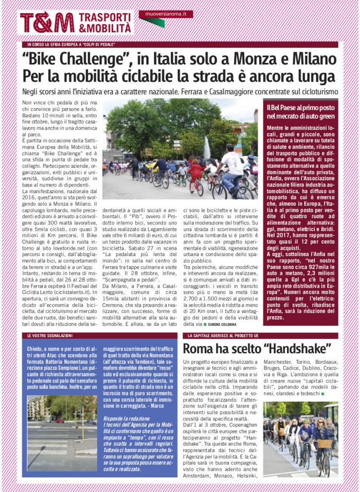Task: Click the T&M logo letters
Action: tap(47, 23)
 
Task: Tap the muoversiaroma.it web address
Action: tap(166, 14)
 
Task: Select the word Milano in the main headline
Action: tap(314, 60)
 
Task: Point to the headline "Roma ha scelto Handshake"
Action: tap(257, 348)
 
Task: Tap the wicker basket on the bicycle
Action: tap(324, 443)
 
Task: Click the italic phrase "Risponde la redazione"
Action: tap(126, 418)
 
